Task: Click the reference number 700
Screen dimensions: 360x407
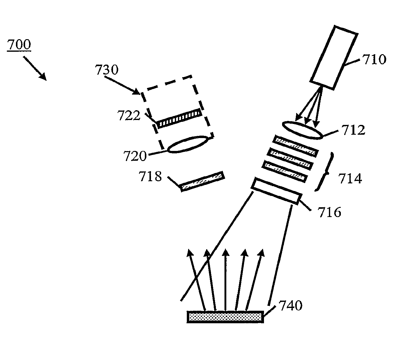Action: point(19,45)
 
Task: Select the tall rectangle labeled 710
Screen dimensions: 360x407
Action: point(334,57)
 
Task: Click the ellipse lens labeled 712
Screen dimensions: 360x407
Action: point(302,130)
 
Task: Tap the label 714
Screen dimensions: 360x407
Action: point(350,178)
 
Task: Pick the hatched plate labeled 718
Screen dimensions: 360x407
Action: point(202,181)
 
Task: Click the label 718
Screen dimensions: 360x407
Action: point(150,176)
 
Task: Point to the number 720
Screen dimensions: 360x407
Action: point(135,156)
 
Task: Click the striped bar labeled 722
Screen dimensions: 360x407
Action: point(179,118)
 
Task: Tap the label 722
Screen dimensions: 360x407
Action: point(129,116)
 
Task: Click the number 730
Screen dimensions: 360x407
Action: point(106,70)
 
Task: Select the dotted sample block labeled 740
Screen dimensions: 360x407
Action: point(225,317)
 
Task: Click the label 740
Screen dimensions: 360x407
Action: point(290,306)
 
